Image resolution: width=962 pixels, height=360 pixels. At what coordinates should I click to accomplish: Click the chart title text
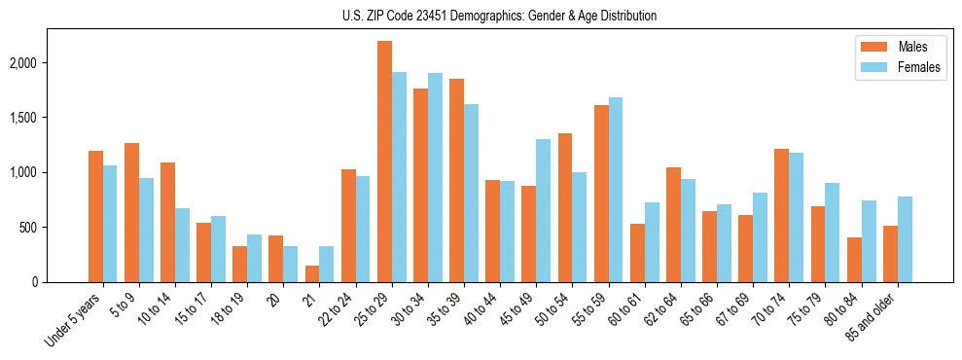click(x=500, y=16)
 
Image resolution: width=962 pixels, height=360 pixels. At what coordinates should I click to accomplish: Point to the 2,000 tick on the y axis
click(x=22, y=63)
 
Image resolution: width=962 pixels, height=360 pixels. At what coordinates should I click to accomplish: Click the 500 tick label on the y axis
click(x=29, y=228)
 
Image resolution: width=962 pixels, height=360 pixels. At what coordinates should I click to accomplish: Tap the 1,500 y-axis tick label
click(x=22, y=118)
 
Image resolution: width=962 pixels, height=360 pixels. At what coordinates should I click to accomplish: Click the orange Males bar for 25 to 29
click(x=384, y=162)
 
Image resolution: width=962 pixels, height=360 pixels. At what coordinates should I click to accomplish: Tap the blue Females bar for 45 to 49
click(x=543, y=210)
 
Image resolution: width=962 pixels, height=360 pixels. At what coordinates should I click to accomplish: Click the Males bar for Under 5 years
click(x=95, y=216)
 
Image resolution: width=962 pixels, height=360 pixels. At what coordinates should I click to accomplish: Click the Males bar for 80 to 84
click(x=854, y=260)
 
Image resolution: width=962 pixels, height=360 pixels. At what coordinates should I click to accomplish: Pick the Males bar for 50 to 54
click(x=565, y=207)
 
